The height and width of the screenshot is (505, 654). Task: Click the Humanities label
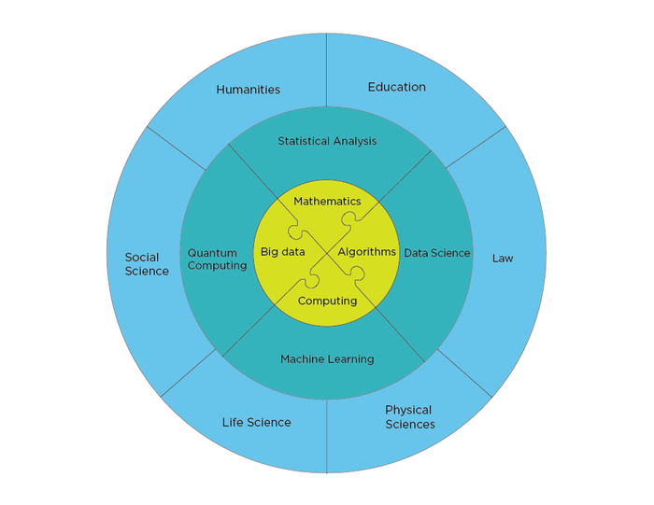(x=248, y=90)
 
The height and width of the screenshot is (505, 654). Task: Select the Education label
(x=397, y=87)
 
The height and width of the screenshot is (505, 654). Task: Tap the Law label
(x=503, y=259)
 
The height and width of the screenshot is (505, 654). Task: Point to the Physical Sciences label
(x=410, y=417)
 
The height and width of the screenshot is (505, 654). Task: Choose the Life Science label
(x=257, y=423)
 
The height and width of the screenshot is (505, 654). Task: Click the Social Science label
(x=147, y=264)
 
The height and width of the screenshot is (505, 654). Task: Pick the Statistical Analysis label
(x=327, y=141)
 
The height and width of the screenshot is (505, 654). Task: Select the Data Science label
(x=437, y=253)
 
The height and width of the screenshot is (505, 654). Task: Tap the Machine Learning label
(x=327, y=359)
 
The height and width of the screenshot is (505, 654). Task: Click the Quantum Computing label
(x=217, y=260)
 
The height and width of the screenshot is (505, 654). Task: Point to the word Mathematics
(x=327, y=202)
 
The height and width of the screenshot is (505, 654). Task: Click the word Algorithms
(x=366, y=252)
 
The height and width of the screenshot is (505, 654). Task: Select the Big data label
(x=283, y=252)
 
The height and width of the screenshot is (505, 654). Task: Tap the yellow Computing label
(x=327, y=301)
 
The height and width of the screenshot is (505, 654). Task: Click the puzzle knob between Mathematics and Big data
(x=295, y=231)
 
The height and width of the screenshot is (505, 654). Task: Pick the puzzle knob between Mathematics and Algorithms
(x=349, y=217)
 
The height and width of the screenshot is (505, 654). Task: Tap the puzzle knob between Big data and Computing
(x=311, y=281)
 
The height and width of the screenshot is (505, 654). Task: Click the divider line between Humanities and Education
(x=327, y=70)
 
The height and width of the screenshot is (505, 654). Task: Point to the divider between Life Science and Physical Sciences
(x=327, y=436)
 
